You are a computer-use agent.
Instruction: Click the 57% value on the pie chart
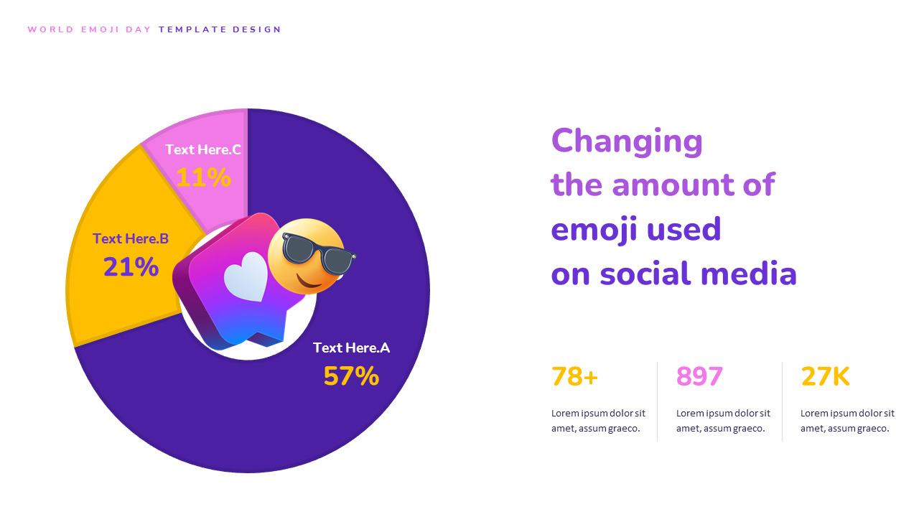coord(351,376)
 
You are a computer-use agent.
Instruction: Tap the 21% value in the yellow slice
coord(131,266)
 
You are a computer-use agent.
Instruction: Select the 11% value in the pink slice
coord(203,177)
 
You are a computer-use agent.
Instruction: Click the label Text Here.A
coord(351,348)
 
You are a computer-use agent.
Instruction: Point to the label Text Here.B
coord(131,238)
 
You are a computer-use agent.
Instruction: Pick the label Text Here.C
coord(203,149)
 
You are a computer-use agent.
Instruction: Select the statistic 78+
coord(574,376)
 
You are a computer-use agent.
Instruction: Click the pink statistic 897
coord(699,376)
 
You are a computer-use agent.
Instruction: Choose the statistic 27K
coord(825,376)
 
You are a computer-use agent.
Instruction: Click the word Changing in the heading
coord(627,141)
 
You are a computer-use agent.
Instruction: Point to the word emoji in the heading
coord(590,230)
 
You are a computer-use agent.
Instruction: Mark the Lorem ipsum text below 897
coord(723,421)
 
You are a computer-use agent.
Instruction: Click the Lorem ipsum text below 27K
coord(847,421)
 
